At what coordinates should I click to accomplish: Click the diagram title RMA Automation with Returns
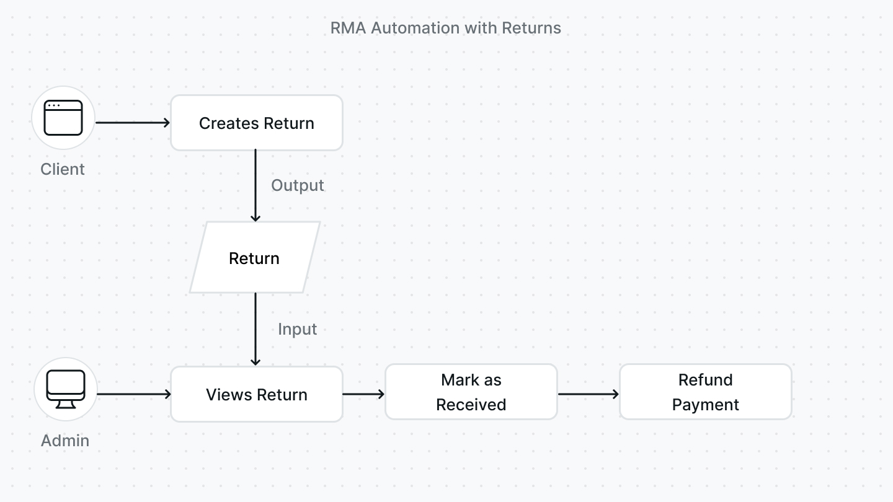coord(445,28)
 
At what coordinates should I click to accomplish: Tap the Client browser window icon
coord(63,118)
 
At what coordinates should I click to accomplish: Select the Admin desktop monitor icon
coord(66,389)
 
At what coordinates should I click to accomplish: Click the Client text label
coord(62,169)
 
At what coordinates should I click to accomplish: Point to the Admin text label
coord(65,441)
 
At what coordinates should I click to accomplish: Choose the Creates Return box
coord(256,123)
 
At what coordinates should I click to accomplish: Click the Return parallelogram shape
coord(254,258)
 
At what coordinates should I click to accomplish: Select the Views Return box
coord(256,394)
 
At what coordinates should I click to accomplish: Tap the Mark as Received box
coord(471,392)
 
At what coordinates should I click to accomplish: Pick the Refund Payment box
coord(705,392)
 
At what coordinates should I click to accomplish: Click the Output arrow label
coord(298,186)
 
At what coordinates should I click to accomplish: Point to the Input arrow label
coord(297,329)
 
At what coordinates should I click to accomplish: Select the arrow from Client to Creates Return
coord(133,123)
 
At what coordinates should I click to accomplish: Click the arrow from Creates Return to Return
coord(255,185)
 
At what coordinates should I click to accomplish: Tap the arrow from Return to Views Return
coord(255,329)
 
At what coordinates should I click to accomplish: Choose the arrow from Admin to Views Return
coord(134,394)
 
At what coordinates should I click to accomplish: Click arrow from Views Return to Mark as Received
coord(363,394)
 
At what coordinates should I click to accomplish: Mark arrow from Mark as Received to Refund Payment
coord(588,394)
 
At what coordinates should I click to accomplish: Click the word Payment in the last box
coord(705,405)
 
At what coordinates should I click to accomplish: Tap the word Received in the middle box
coord(471,405)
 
